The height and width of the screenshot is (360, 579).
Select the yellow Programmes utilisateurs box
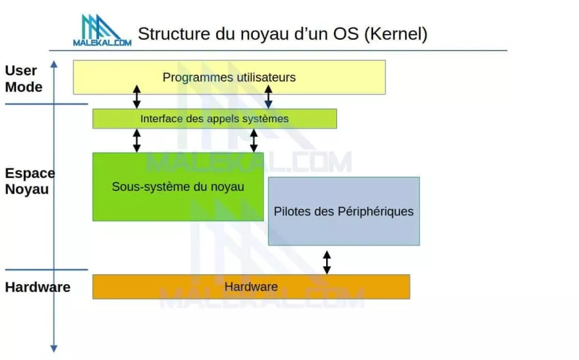tap(229, 78)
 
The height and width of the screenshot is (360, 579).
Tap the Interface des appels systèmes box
tap(214, 119)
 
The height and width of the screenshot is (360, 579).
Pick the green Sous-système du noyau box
tap(178, 187)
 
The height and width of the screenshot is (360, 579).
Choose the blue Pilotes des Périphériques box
tap(344, 212)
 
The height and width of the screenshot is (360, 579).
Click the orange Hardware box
tap(251, 287)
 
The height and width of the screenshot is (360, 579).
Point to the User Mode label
tap(24, 78)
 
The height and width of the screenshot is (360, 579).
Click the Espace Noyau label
tap(30, 181)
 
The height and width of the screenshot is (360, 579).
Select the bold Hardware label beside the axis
tap(37, 287)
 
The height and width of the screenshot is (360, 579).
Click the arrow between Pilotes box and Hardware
tap(327, 262)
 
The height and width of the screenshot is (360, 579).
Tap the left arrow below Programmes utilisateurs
tap(136, 96)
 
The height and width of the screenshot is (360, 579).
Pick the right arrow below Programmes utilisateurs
tap(268, 96)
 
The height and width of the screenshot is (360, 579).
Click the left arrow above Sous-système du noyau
tap(136, 140)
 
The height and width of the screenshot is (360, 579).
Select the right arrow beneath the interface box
tap(253, 140)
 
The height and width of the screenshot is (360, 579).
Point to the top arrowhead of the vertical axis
tap(54, 64)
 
